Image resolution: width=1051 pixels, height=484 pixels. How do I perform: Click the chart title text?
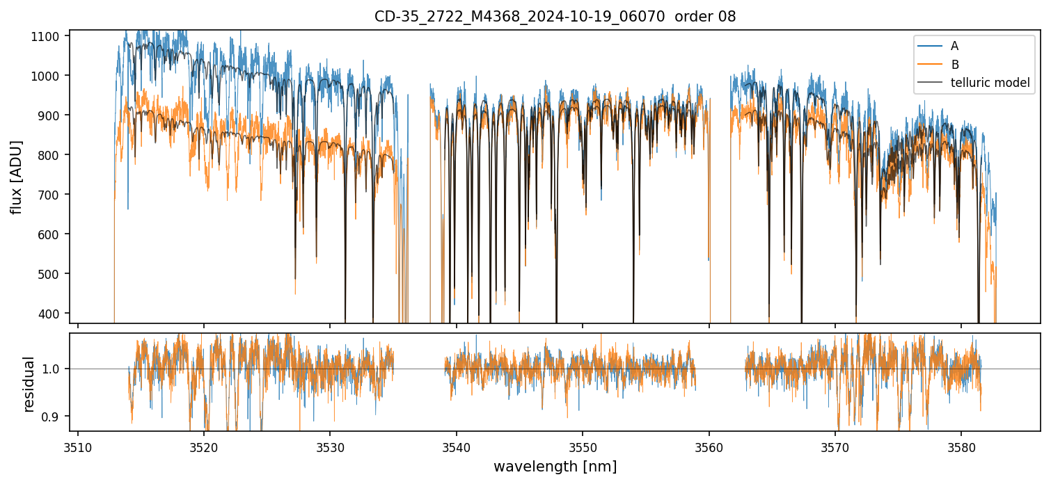tap(555, 17)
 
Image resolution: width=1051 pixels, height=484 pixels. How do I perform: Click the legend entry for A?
tap(954, 46)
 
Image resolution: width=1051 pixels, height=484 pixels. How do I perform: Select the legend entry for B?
tap(954, 65)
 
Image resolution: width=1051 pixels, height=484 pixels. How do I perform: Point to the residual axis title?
tap(29, 384)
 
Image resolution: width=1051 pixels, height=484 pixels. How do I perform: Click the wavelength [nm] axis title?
tap(555, 466)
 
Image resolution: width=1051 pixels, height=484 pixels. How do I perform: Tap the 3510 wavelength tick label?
tap(77, 445)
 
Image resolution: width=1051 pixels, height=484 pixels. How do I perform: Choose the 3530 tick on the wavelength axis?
tap(330, 445)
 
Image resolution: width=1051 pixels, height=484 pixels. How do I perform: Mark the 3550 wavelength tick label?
tap(583, 445)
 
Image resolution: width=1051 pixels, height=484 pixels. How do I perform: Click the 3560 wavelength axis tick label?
tap(709, 445)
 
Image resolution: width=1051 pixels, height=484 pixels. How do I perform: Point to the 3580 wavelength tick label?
tap(961, 445)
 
